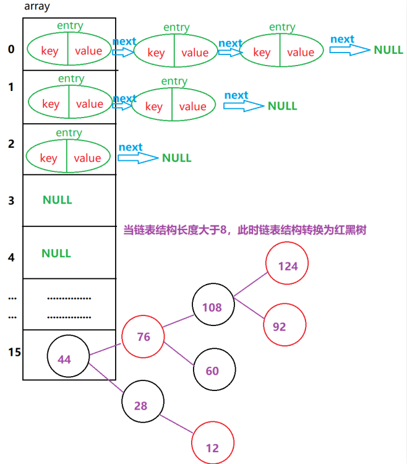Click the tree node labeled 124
[287, 266]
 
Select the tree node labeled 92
[285, 325]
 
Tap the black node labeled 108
[213, 306]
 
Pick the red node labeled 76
[144, 337]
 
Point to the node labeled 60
[213, 371]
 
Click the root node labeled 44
[68, 358]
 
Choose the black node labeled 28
[142, 405]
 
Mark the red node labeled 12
[213, 447]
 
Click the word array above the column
[37, 7]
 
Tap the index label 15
[14, 352]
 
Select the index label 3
[11, 200]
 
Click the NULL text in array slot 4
[56, 253]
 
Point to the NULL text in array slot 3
[58, 200]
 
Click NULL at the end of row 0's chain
[388, 49]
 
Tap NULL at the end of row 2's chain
[177, 158]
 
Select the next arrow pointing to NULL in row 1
[242, 106]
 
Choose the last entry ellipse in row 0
[281, 52]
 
